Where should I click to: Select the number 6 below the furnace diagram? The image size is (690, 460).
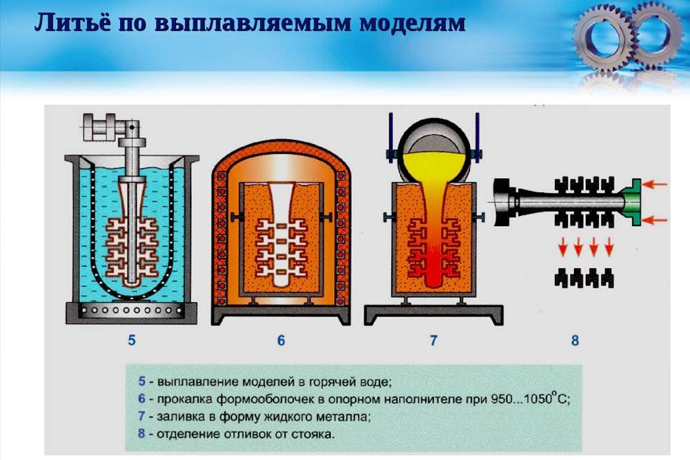281,340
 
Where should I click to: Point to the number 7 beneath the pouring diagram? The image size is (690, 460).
433,340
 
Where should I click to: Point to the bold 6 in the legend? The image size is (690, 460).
141,399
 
